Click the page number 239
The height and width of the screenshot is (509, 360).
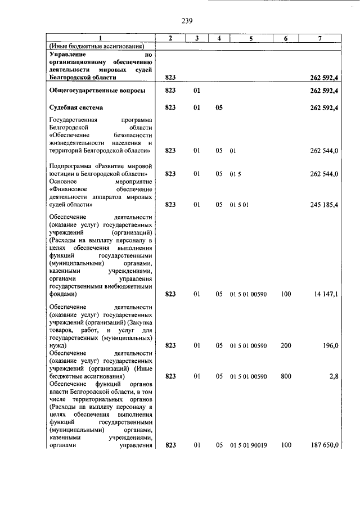tap(187, 21)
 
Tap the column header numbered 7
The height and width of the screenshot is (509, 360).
tap(319, 38)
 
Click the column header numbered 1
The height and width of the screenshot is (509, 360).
tap(101, 38)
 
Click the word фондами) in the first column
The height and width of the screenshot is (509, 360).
tap(62, 294)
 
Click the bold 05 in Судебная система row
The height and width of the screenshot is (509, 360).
tap(219, 107)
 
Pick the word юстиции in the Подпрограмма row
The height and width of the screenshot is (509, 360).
tap(61, 174)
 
